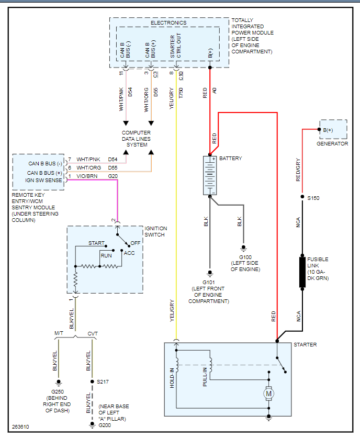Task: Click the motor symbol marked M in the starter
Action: (268, 392)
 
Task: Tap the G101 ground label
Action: (209, 282)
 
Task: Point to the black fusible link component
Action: (302, 272)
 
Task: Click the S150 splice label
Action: (313, 198)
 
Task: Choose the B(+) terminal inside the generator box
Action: (328, 130)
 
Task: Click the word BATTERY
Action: (230, 158)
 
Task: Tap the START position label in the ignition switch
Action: (96, 243)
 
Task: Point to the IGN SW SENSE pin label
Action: (44, 180)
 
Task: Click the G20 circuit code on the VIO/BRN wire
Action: (113, 176)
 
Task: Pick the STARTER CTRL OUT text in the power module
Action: (176, 48)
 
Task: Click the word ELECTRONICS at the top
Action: (168, 23)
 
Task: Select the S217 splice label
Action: (103, 381)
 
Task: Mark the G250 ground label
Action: (59, 392)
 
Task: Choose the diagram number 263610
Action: (21, 426)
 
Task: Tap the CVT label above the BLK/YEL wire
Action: (92, 333)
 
